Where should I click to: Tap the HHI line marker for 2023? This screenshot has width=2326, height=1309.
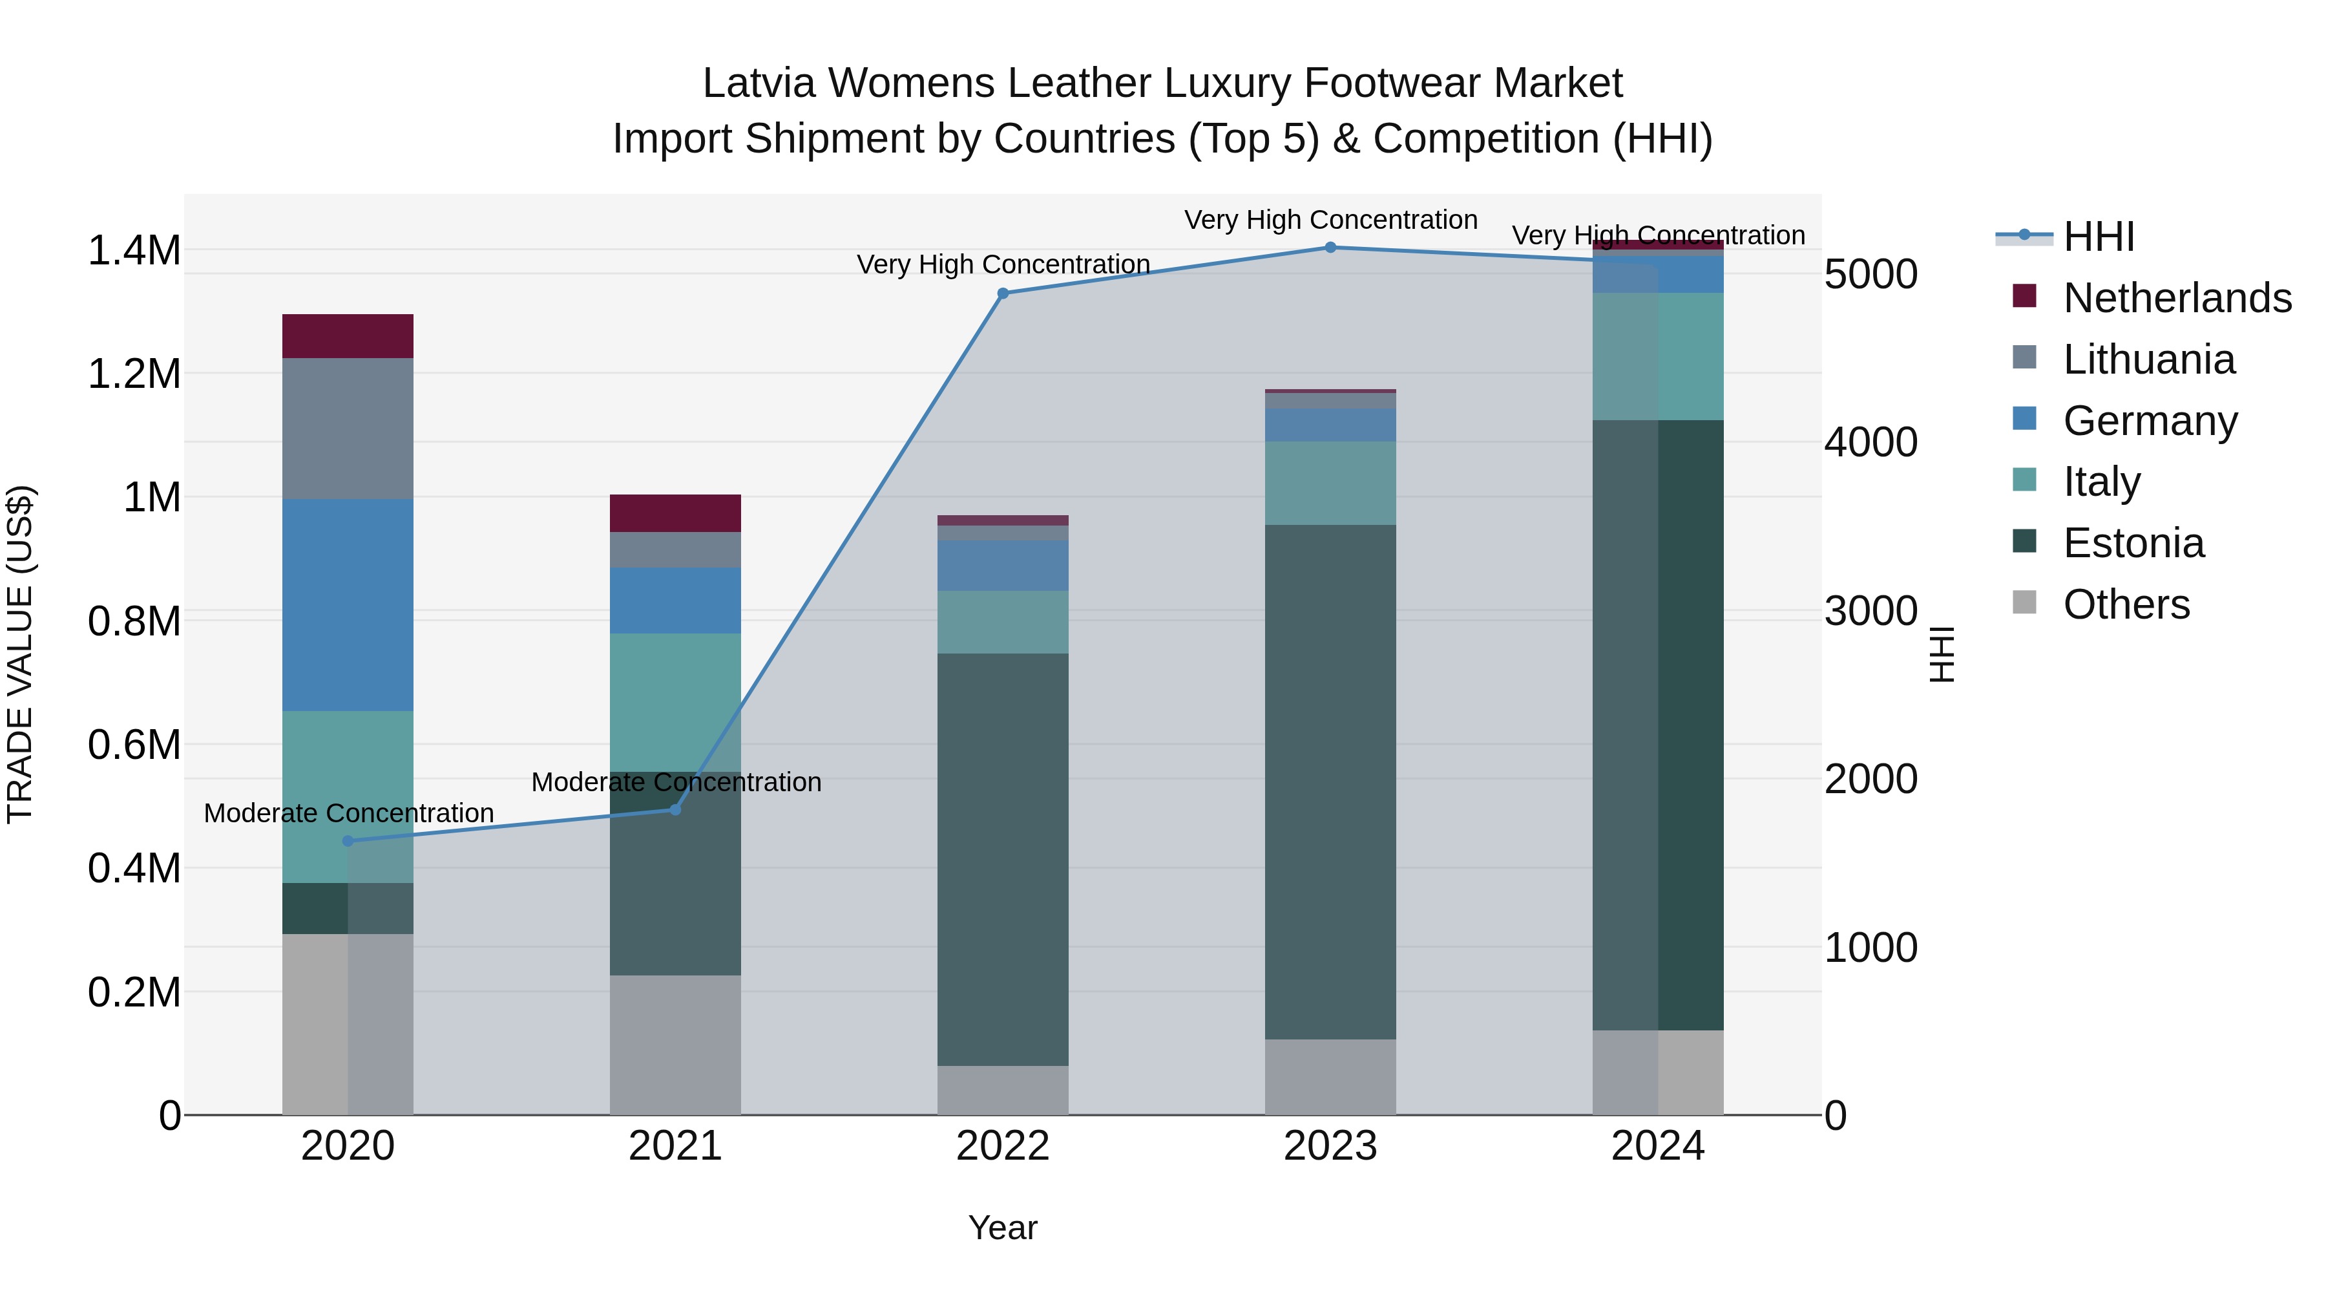(1330, 248)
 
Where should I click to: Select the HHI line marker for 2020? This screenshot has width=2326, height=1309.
(348, 841)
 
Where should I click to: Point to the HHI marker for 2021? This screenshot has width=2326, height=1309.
(675, 809)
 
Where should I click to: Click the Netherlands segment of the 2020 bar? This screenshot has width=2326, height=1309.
(348, 336)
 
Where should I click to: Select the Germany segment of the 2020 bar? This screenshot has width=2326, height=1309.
(348, 604)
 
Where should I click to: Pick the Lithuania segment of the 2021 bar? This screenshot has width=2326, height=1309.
(675, 549)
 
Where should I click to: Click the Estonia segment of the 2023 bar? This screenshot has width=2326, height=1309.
(1330, 782)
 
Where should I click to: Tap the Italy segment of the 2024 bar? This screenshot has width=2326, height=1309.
(1658, 356)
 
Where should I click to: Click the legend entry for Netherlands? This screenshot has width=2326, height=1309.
(2176, 298)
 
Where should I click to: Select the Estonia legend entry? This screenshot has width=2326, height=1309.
(2133, 543)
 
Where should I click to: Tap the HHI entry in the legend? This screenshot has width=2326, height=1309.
(2099, 237)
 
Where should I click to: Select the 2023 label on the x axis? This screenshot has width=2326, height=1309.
(1330, 1146)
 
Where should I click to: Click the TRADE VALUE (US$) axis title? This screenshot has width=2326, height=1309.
(20, 654)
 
